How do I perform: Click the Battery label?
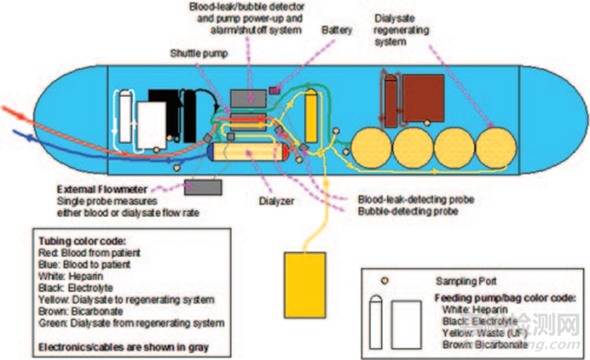337,29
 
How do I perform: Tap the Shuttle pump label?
195,53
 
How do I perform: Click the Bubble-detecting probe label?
396,210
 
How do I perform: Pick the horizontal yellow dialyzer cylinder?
246,155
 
